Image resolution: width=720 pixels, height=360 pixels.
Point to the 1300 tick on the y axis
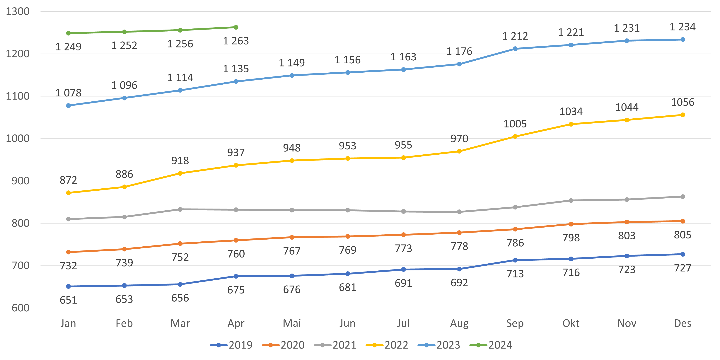pos(18,11)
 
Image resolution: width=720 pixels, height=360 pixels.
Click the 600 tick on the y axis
pos(20,308)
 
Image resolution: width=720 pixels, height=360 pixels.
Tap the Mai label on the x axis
pos(292,323)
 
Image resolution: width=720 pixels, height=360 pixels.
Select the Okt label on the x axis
pos(571,323)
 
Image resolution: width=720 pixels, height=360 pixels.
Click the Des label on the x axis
pos(683,323)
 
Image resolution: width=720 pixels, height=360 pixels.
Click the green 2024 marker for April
pos(236,27)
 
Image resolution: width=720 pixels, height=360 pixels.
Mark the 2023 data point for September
pos(515,49)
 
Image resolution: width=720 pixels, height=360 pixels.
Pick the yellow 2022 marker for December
pos(683,115)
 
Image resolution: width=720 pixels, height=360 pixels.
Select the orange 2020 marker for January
pos(69,252)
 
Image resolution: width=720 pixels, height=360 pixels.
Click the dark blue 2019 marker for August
pos(459,269)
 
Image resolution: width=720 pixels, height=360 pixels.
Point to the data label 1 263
pos(236,41)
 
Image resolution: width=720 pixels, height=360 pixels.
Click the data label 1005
pos(515,124)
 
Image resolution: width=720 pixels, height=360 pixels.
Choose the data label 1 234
pos(683,27)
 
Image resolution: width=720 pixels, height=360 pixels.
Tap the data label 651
pos(69,300)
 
